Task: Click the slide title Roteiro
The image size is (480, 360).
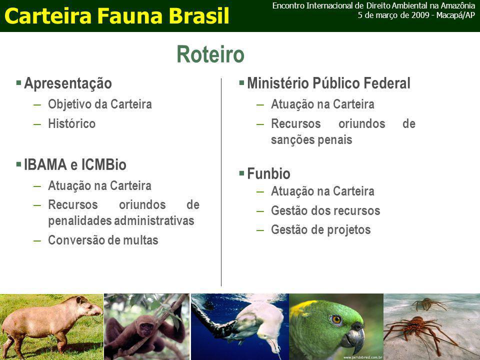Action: click(210, 54)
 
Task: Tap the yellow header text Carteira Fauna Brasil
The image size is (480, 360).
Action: click(117, 15)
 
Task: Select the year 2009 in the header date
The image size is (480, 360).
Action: click(420, 15)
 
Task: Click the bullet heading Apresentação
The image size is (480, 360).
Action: click(68, 83)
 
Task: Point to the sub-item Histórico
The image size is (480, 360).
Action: click(72, 123)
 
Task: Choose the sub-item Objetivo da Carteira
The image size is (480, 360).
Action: click(100, 104)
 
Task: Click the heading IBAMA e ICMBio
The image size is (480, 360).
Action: click(75, 164)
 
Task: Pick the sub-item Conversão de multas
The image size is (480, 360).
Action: click(103, 240)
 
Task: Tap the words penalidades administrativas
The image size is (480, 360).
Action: click(121, 221)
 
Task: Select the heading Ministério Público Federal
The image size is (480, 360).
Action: click(328, 83)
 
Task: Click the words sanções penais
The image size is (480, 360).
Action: click(311, 140)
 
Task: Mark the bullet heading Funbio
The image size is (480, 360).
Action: click(269, 173)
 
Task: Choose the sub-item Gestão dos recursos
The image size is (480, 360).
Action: click(325, 210)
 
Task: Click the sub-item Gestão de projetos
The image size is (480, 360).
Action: click(321, 230)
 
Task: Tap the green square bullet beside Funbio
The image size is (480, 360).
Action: click(242, 173)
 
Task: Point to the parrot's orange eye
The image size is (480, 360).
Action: click(336, 320)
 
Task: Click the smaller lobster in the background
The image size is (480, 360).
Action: click(427, 303)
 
